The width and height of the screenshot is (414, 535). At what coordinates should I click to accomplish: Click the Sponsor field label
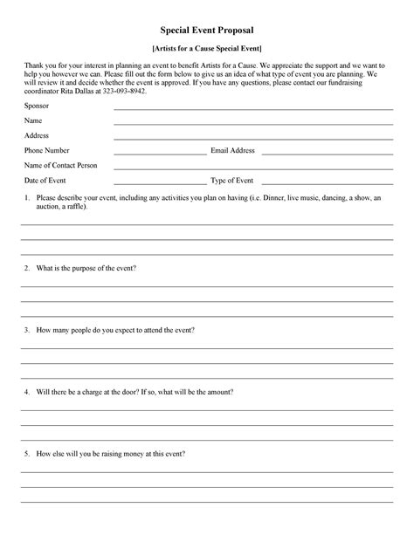(37, 105)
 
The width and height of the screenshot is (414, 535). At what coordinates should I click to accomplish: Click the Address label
(37, 135)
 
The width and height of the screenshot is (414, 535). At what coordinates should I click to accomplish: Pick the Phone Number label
(46, 150)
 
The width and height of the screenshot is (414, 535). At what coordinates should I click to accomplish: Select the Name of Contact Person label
(60, 165)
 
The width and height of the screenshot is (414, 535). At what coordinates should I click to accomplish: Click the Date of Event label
(45, 180)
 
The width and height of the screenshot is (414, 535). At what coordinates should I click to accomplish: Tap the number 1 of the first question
(27, 198)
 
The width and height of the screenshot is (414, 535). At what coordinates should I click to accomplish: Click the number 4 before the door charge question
(27, 392)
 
